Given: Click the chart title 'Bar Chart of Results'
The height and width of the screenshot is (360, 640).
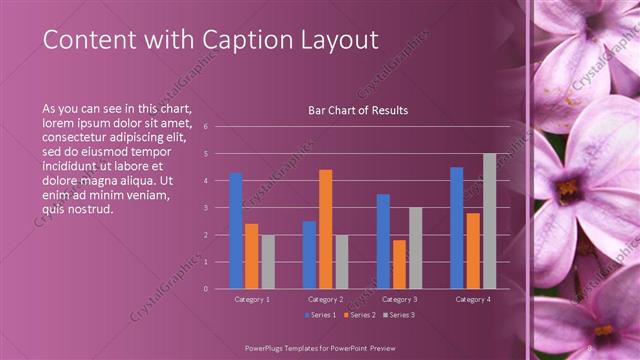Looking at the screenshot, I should coord(358,111).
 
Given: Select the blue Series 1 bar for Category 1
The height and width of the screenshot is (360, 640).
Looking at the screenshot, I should coord(236,230).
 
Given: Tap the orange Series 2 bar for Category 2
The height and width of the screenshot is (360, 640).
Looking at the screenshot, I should coord(325,229).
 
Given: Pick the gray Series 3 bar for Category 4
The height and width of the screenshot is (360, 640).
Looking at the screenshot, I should coord(489,221).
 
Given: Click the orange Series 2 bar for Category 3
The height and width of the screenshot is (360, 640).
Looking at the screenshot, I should coord(399,264).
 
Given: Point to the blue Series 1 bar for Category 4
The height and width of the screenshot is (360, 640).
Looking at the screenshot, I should coord(457,228).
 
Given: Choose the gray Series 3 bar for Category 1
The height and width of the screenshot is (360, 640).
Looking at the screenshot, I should coord(268,261).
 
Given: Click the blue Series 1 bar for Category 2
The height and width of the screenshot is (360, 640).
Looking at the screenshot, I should coord(309,254).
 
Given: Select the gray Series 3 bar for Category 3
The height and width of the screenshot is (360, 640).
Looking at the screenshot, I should coord(415,248).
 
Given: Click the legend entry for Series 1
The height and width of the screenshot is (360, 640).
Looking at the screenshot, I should coord(320,315).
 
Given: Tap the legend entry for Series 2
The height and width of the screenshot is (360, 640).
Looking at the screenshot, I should coord(358,315).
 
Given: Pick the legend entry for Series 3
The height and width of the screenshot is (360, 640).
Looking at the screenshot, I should coord(397,315).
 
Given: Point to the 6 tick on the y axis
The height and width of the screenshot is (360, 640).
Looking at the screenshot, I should coord(205,127).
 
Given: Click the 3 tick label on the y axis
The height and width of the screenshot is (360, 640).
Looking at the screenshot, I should coord(205,208).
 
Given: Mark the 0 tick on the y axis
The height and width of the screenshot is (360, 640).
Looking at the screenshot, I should coord(205,289).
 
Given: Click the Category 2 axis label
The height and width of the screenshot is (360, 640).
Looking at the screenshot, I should coord(325,299).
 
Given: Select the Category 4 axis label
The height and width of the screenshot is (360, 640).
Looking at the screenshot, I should coord(472,299).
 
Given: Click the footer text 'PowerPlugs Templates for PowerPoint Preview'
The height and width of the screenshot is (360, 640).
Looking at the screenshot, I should coord(319,346).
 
